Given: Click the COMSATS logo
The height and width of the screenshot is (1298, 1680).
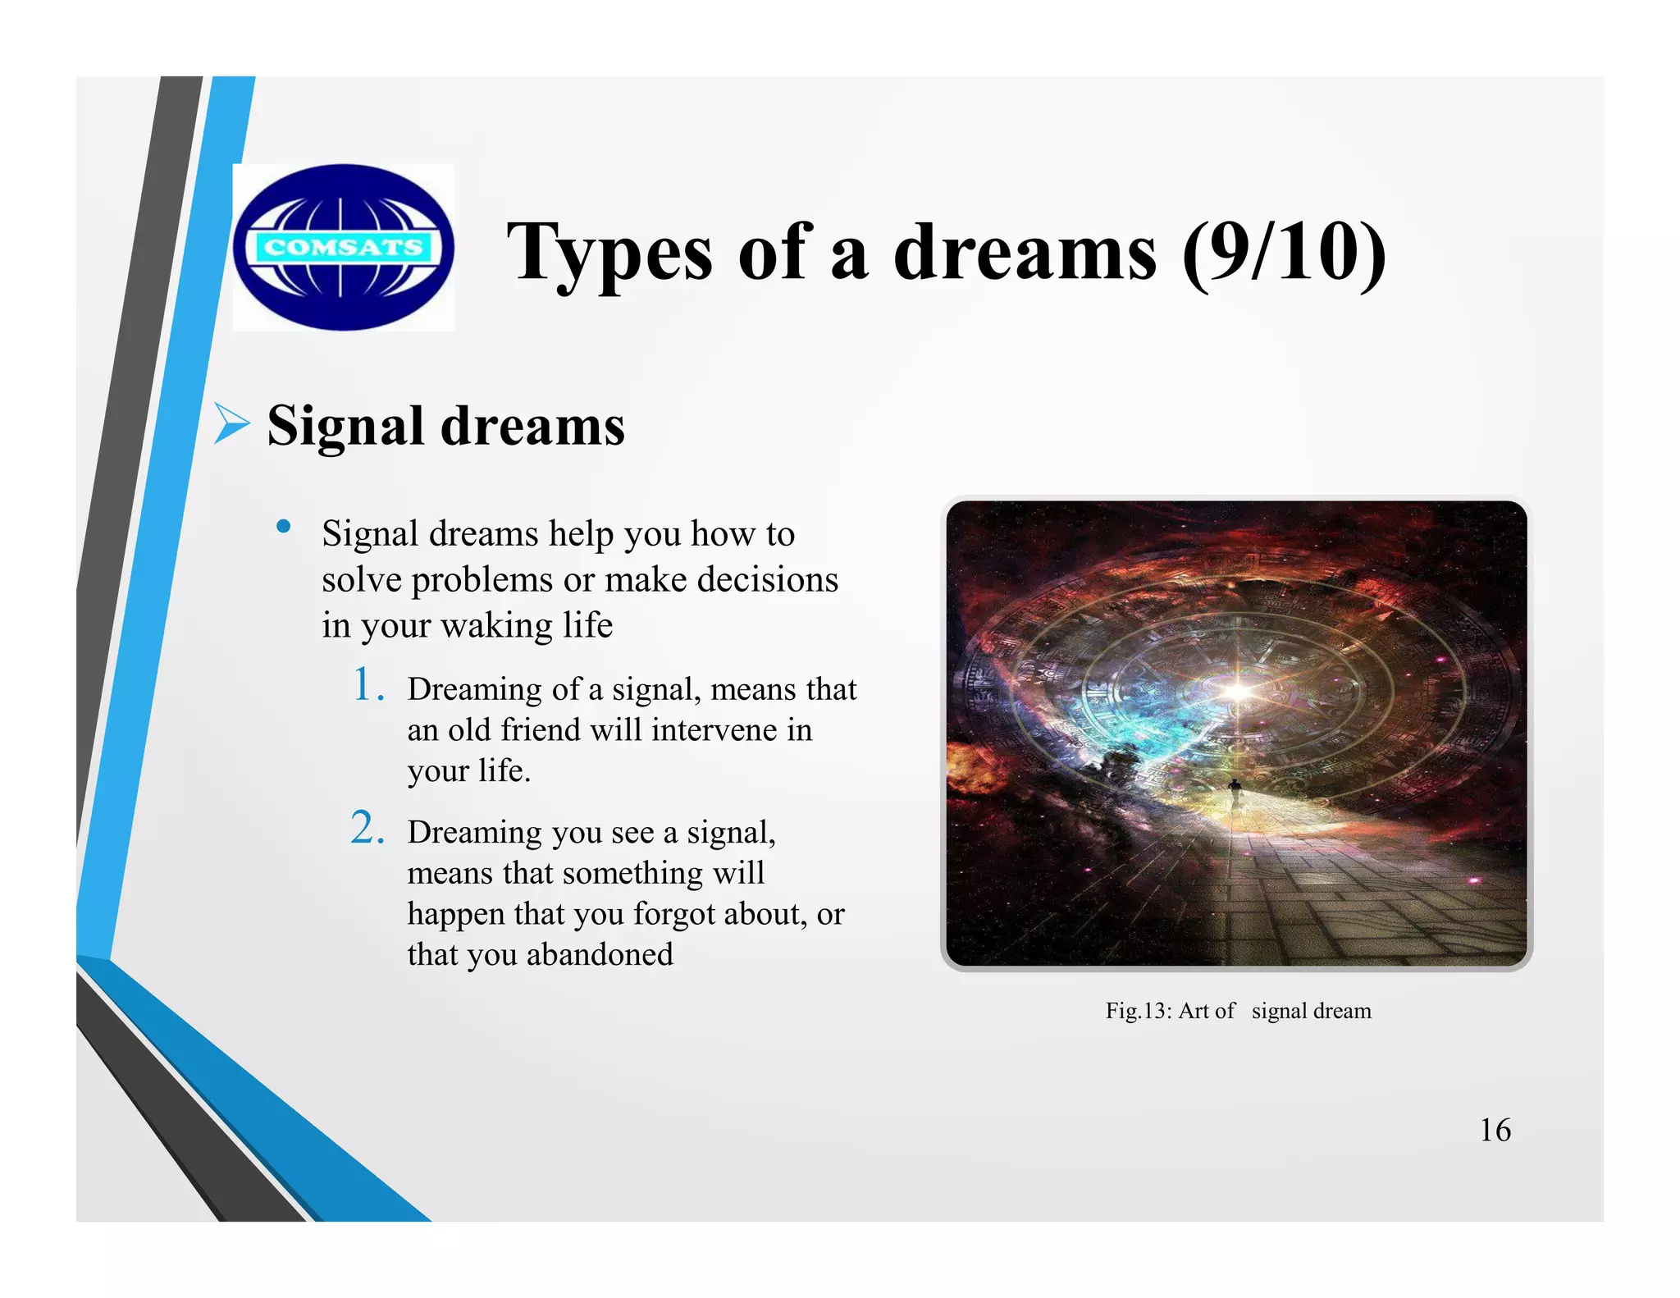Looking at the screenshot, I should (x=343, y=247).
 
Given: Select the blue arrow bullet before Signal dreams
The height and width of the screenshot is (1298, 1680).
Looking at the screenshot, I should (x=232, y=424).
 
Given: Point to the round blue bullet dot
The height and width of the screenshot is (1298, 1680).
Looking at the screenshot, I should (x=284, y=527).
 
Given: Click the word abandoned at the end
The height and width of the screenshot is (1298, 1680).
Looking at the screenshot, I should (x=600, y=954).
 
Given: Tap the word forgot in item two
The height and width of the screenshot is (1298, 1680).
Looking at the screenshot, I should (x=675, y=913).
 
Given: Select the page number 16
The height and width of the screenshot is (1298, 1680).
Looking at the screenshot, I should (x=1495, y=1130).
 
